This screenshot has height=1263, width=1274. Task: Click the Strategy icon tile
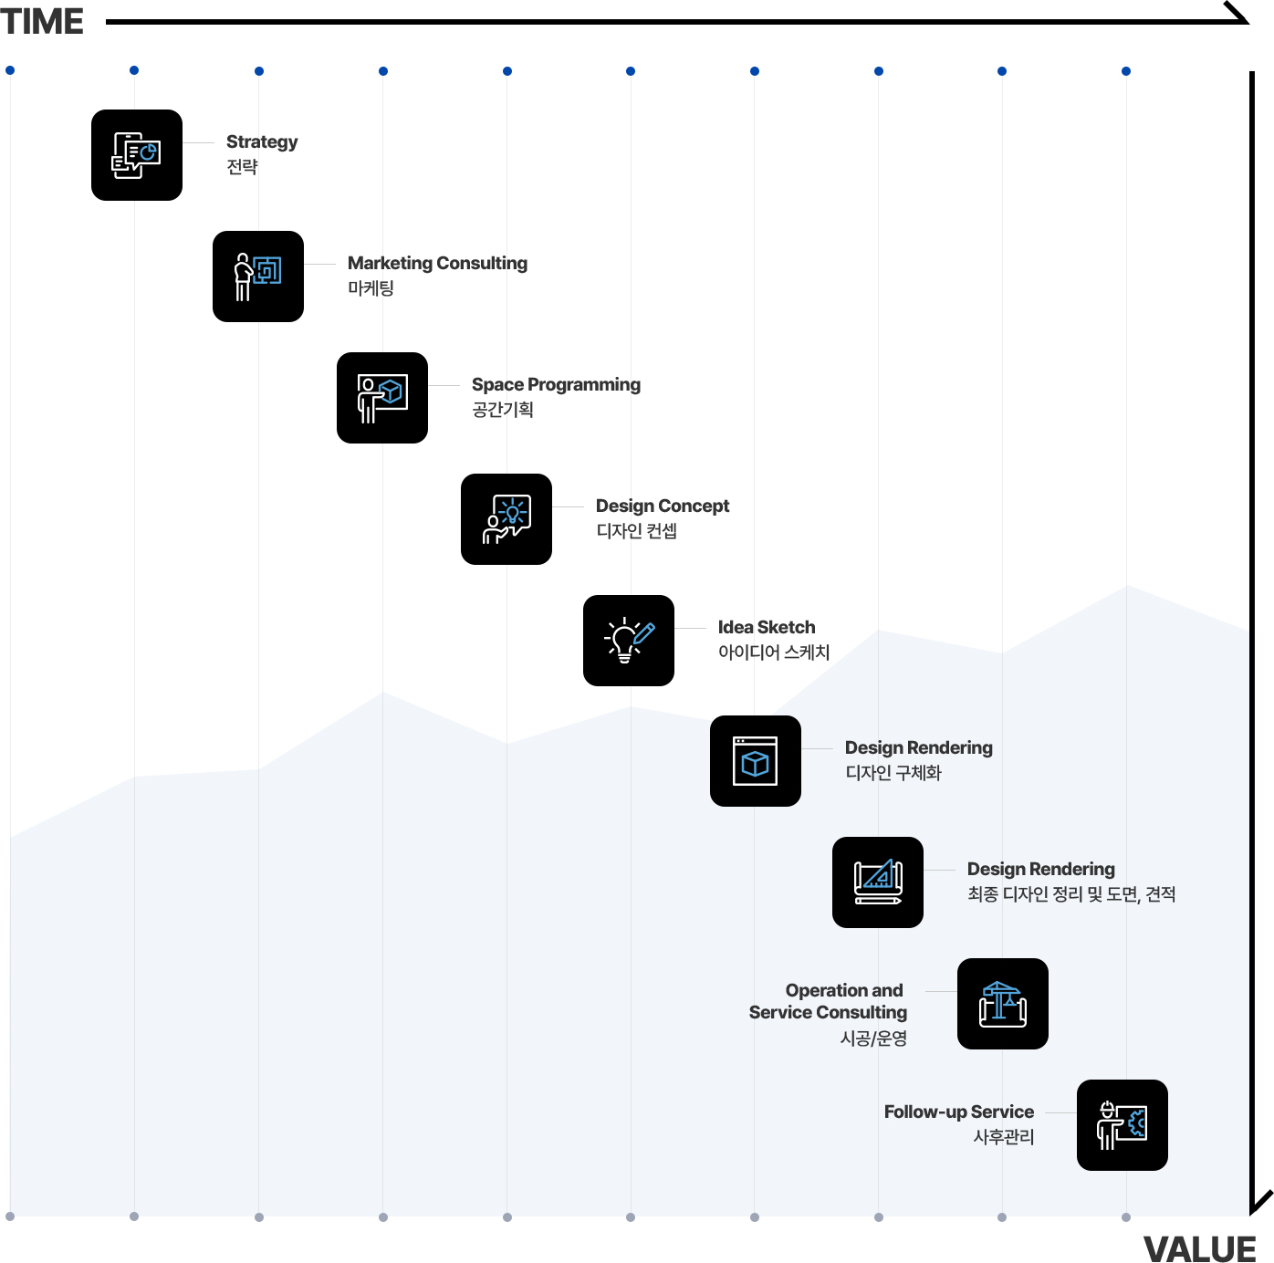pos(137,155)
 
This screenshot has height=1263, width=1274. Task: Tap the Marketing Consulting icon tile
pos(258,277)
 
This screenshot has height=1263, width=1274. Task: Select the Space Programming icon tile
pos(382,397)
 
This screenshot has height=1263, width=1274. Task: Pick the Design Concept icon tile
pos(506,519)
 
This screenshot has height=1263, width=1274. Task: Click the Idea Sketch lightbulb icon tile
pos(629,640)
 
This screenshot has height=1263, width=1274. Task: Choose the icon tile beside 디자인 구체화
pos(756,761)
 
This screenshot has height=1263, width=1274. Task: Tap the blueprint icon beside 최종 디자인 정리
pos(878,882)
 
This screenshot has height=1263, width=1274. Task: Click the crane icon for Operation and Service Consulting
pos(1003,1004)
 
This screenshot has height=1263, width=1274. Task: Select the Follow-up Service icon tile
pos(1123,1125)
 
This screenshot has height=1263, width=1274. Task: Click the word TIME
pos(42,21)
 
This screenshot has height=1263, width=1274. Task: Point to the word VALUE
pos(1199,1248)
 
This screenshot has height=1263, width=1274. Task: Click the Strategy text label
pos(262,141)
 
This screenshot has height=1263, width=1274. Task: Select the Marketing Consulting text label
pos(438,263)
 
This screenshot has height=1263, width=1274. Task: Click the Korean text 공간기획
pos(503,410)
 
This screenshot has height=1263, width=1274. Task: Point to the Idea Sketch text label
pos(767,627)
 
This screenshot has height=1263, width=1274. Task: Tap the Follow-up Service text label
pos(959,1112)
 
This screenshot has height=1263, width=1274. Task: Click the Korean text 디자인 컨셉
pos(636,531)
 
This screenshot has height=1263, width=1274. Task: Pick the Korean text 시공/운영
pos(873,1039)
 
